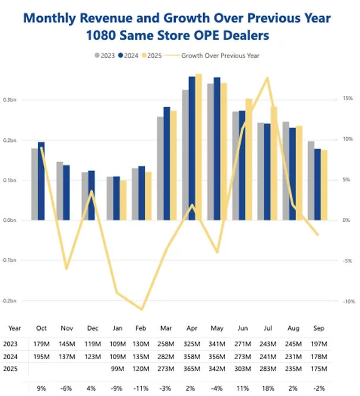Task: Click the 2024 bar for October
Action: pyautogui.click(x=41, y=180)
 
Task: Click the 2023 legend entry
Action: pyautogui.click(x=106, y=55)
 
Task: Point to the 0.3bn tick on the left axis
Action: pyautogui.click(x=11, y=100)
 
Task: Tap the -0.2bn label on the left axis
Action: pyautogui.click(x=10, y=301)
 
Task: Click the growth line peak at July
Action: pyautogui.click(x=268, y=78)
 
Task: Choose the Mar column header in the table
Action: pyautogui.click(x=167, y=327)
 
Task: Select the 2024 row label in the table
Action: pyautogui.click(x=10, y=356)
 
